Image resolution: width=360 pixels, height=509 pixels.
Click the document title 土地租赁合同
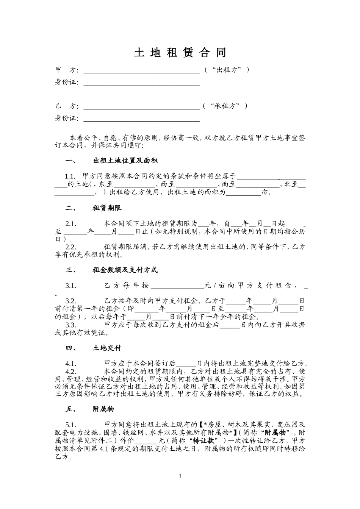click(x=180, y=53)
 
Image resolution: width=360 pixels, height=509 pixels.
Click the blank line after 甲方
click(x=141, y=70)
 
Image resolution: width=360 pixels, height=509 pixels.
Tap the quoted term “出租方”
click(x=227, y=70)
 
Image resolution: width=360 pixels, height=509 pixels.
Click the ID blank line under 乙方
click(x=141, y=120)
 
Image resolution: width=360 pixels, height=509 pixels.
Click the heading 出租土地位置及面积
click(x=125, y=161)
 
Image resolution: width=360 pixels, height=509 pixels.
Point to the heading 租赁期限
click(x=107, y=208)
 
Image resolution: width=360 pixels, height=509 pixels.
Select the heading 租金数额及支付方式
click(x=125, y=270)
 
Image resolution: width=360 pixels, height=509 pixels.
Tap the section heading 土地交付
click(x=107, y=348)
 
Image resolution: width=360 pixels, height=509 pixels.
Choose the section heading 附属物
click(x=103, y=409)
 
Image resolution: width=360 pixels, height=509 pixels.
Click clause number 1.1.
click(x=70, y=176)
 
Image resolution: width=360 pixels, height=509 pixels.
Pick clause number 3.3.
click(x=71, y=325)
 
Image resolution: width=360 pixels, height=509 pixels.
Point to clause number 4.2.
click(x=71, y=371)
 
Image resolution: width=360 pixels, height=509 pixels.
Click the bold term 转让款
click(x=203, y=441)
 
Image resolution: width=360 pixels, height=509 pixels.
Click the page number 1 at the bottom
click(x=180, y=476)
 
